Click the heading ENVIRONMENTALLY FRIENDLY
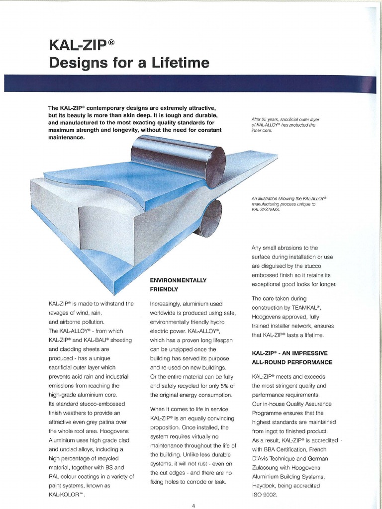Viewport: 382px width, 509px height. pos(178,284)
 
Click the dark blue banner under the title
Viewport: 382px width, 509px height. pos(191,84)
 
